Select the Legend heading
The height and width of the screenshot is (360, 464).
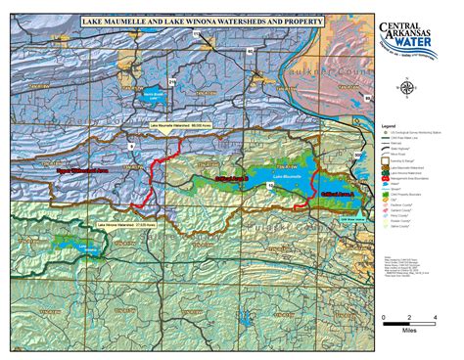[x=388, y=125]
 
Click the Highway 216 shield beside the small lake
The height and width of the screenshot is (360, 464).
[x=172, y=83]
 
